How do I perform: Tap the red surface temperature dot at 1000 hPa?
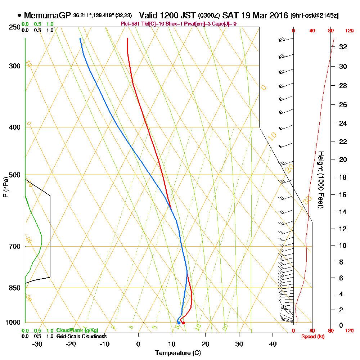tap(183, 323)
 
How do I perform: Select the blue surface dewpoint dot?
tap(179, 323)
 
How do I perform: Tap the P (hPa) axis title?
tap(5, 187)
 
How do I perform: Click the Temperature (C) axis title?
tap(175, 353)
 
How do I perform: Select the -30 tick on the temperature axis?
tap(37, 344)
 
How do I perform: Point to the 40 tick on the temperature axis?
tap(273, 344)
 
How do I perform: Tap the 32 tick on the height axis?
tap(343, 47)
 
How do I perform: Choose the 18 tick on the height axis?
tap(343, 177)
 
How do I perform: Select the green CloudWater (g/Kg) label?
tap(77, 330)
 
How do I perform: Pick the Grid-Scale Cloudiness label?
tap(81, 336)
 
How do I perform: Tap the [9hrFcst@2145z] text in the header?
tap(314, 16)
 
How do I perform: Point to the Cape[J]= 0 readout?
tap(224, 24)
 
